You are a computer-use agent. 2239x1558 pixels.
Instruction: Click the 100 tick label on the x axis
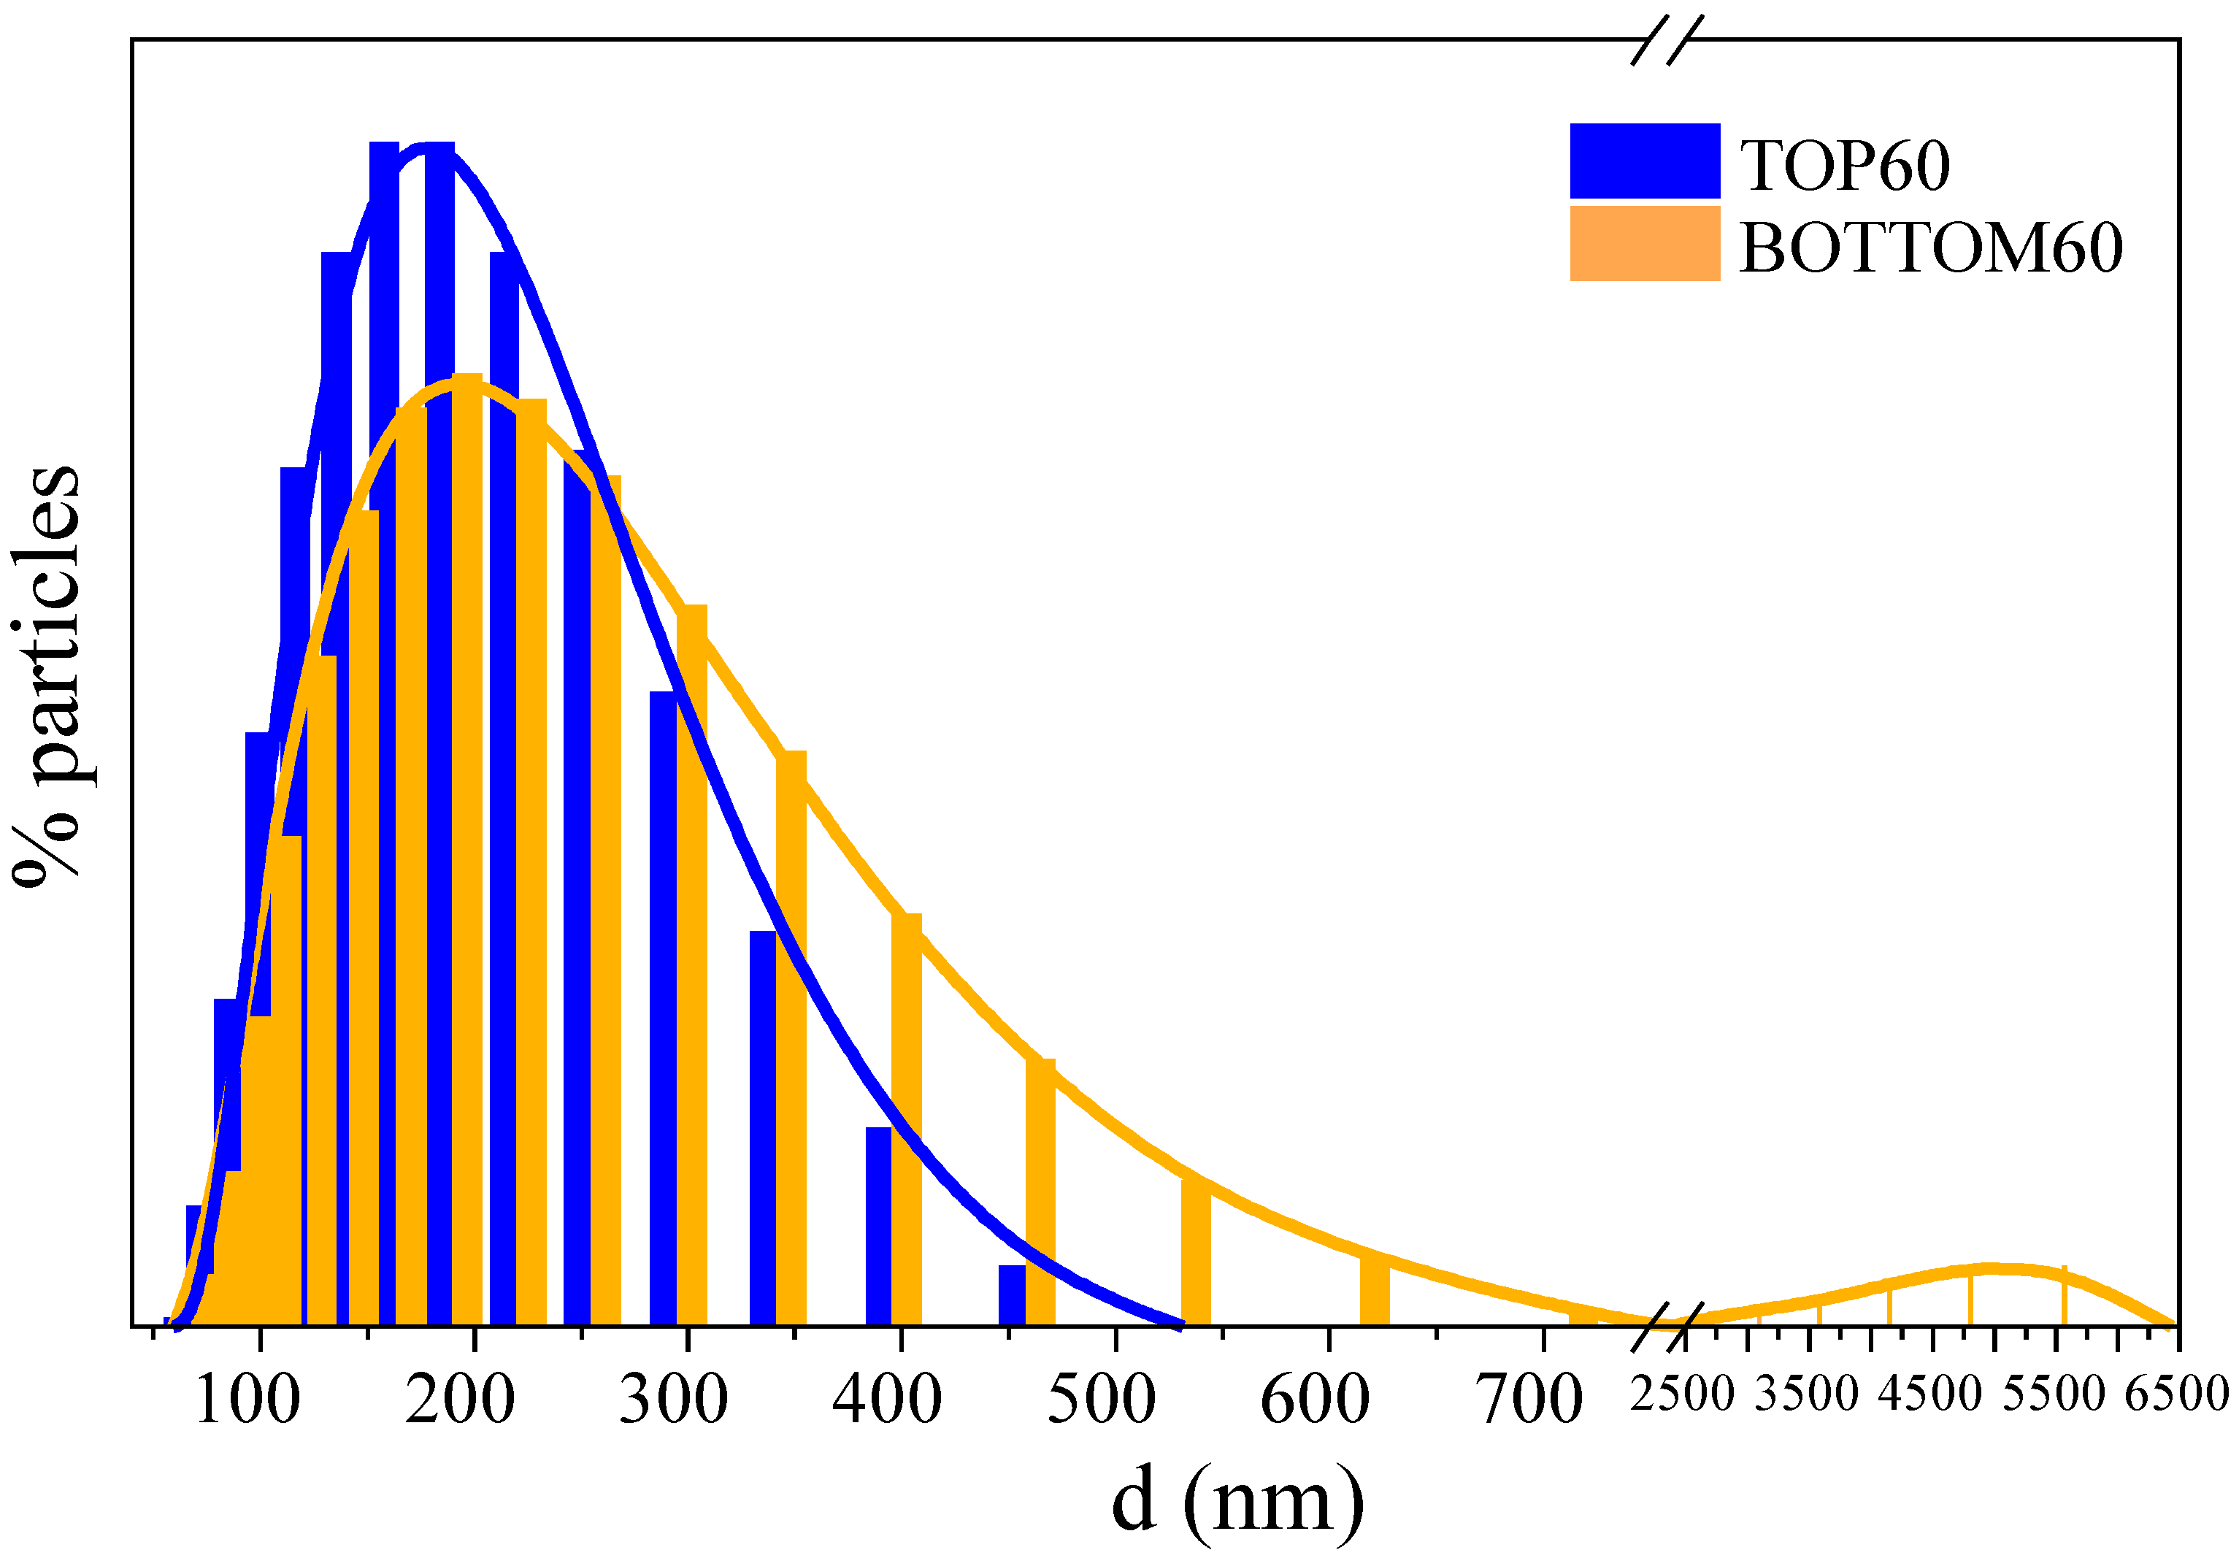pos(247,1399)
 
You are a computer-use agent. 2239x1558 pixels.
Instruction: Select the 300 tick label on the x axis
pos(673,1399)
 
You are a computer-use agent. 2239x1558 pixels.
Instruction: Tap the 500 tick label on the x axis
pos(1101,1399)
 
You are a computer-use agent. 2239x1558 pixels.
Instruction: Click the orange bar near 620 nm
pos(1374,1292)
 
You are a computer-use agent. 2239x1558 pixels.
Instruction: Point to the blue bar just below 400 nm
pos(877,1227)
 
